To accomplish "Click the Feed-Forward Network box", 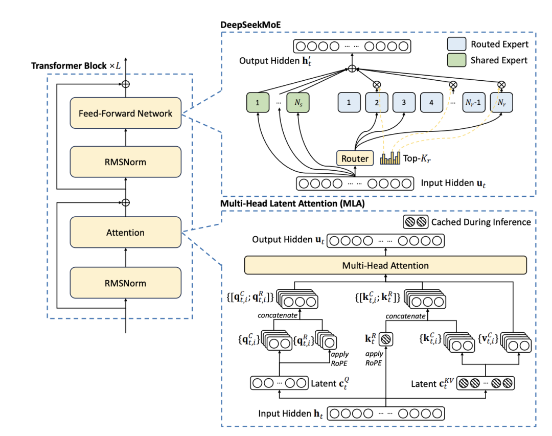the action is click(x=126, y=113).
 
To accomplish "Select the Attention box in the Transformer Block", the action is click(x=126, y=233).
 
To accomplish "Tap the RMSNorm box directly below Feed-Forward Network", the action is click(x=126, y=162).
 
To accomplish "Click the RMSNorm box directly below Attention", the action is click(x=126, y=283).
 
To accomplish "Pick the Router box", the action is click(x=355, y=158).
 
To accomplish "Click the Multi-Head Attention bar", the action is click(x=385, y=265).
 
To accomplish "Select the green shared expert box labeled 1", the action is click(x=258, y=103).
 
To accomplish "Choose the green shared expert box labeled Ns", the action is click(x=298, y=103).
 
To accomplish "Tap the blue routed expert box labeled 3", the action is click(x=404, y=103).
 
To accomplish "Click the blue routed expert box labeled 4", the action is click(x=431, y=103).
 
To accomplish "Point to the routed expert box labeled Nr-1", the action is click(x=473, y=103).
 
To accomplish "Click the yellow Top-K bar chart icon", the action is click(x=390, y=158).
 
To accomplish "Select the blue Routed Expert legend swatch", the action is click(x=456, y=44).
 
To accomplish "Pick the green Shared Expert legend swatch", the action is click(x=456, y=60).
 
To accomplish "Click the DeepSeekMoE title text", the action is click(x=250, y=25).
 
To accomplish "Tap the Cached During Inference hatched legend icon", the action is click(x=416, y=222).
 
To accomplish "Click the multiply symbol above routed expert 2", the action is click(x=377, y=84).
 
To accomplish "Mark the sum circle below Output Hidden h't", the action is click(x=352, y=68).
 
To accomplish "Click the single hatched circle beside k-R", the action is click(x=386, y=339).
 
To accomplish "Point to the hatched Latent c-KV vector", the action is click(x=486, y=383).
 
